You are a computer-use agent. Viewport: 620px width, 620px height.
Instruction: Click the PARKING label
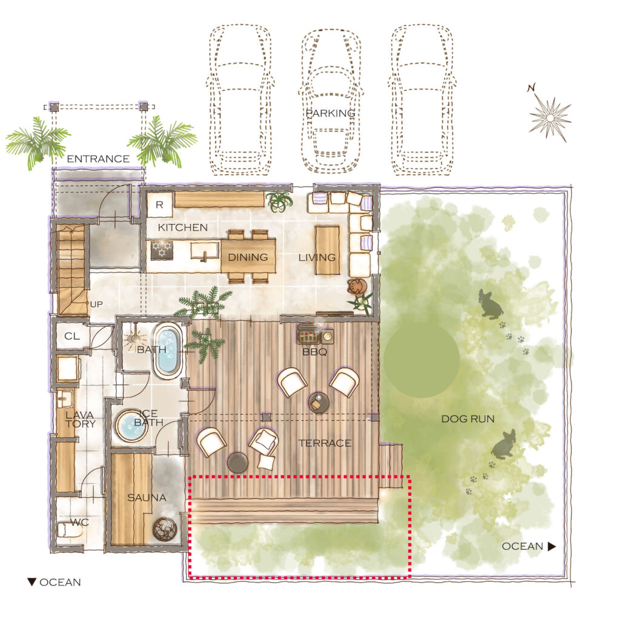tap(330, 113)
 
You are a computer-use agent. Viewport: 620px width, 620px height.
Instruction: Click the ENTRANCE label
tap(98, 159)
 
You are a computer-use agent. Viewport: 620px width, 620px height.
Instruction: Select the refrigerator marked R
tap(159, 205)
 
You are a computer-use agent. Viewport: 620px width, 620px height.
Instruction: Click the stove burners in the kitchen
tap(162, 250)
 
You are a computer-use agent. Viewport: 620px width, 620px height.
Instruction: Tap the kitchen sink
tap(205, 251)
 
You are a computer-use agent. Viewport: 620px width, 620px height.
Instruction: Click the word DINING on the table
tap(248, 257)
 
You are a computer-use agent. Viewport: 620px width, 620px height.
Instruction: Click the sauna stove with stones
tap(165, 529)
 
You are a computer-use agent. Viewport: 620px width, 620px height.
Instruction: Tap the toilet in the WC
tap(70, 529)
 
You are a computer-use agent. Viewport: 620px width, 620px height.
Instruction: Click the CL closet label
tap(72, 336)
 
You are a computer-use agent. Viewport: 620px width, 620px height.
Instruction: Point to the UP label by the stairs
tap(96, 304)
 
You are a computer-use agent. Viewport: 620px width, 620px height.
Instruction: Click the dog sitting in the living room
tap(357, 286)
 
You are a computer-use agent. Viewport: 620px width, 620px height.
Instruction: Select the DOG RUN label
tap(468, 419)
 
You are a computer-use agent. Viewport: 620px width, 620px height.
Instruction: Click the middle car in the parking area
tap(331, 101)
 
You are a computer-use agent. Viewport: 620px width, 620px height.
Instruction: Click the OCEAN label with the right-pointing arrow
tap(529, 547)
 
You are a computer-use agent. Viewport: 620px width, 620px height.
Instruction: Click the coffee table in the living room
tap(328, 250)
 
